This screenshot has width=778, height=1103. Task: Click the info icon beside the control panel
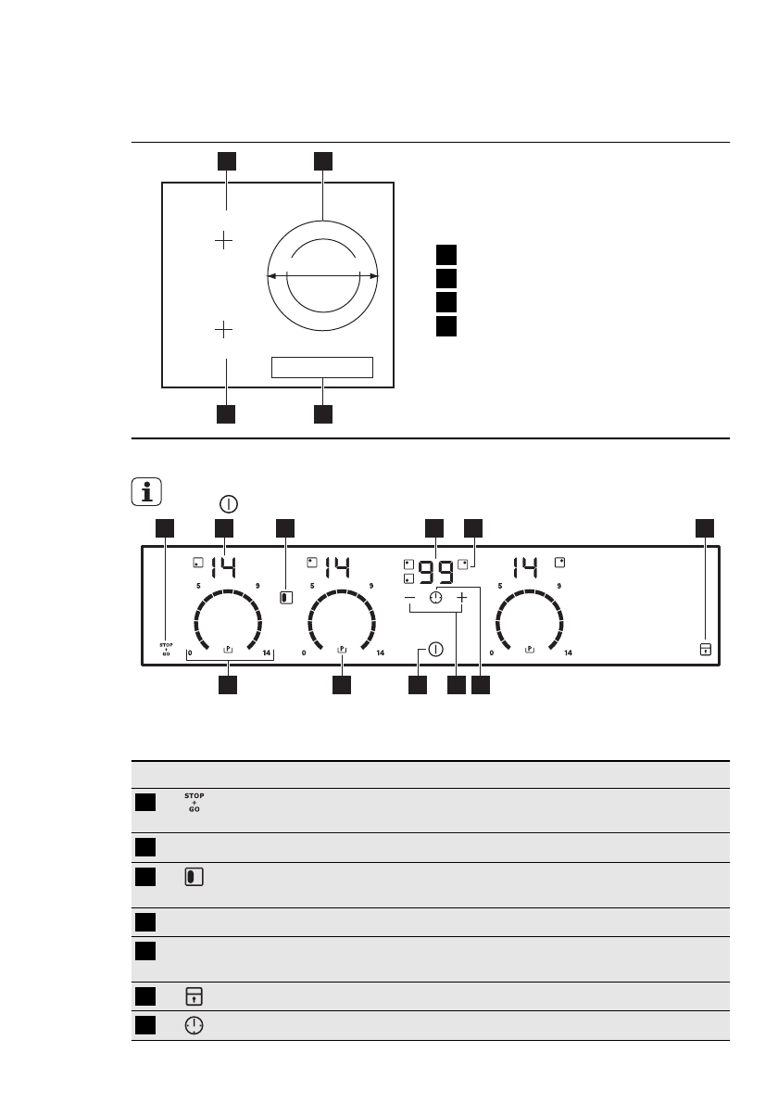(x=146, y=491)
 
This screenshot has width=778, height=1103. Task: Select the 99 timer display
(x=436, y=572)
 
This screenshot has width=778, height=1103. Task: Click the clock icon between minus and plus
(x=435, y=599)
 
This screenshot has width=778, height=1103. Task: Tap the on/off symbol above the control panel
(x=229, y=504)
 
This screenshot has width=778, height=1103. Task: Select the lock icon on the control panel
(x=705, y=650)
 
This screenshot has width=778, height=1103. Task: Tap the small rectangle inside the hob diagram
(x=321, y=367)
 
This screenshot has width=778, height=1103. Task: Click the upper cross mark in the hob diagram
(x=225, y=241)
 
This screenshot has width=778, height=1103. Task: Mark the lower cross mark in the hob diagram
(x=225, y=329)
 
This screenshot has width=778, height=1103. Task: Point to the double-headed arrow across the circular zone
(x=321, y=275)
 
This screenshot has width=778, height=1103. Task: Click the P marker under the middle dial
(x=342, y=649)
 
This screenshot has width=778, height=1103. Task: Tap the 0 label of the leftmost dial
(x=190, y=653)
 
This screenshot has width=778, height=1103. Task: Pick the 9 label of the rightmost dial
(x=559, y=586)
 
